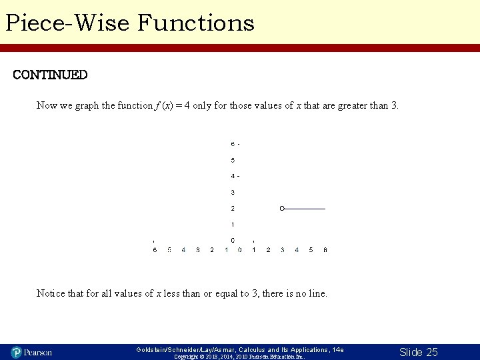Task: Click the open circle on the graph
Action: tap(282, 209)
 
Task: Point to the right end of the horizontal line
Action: tap(325, 209)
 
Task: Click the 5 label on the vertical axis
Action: tap(233, 160)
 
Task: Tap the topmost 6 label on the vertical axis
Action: tap(233, 144)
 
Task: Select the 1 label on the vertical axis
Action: tap(233, 224)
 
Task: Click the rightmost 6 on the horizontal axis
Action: tap(325, 250)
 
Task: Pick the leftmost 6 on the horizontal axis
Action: tap(155, 250)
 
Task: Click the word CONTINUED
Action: tap(50, 75)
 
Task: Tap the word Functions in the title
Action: tap(196, 23)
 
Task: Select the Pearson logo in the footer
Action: tap(31, 352)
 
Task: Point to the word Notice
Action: tap(51, 293)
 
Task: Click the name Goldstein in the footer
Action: tap(153, 349)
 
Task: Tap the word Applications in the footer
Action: tap(308, 349)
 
